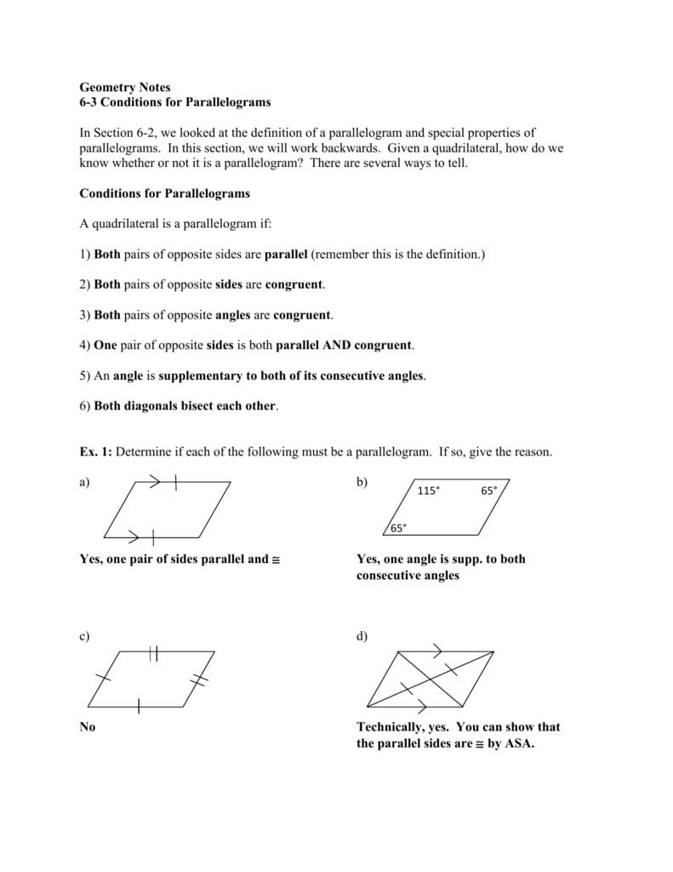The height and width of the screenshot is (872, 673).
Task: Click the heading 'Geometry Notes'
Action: click(124, 87)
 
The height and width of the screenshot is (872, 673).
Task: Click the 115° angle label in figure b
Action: click(429, 490)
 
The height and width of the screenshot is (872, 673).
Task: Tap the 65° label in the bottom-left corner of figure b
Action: click(398, 527)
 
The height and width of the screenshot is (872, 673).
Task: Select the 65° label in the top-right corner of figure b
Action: click(489, 490)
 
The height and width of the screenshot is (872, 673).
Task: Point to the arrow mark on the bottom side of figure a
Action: click(134, 536)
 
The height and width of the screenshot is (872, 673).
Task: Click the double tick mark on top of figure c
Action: click(153, 653)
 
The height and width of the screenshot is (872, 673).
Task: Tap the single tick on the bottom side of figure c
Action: click(139, 705)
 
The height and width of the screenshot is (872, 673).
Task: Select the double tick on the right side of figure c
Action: click(198, 679)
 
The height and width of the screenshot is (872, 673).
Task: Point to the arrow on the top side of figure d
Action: click(436, 651)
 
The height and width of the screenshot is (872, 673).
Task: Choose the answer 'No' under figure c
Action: click(88, 727)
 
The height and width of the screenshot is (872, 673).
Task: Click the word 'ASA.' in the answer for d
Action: click(518, 743)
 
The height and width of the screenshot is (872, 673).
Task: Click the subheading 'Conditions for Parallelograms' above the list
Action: click(164, 193)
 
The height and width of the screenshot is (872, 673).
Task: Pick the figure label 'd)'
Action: click(362, 637)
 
